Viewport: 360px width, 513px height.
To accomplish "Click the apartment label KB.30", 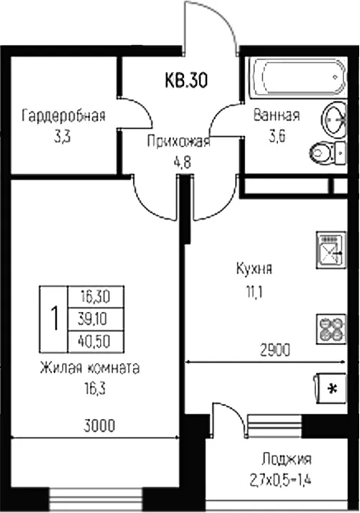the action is [x=186, y=80].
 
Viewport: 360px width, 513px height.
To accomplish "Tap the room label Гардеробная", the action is [x=63, y=116].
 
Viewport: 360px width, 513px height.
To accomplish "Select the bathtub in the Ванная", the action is [x=297, y=78].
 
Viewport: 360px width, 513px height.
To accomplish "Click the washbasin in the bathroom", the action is [x=334, y=119].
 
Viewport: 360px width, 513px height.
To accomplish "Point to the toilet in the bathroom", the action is [x=327, y=153].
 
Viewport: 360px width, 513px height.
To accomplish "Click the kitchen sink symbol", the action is [x=331, y=250].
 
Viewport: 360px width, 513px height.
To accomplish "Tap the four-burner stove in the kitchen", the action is [x=331, y=329].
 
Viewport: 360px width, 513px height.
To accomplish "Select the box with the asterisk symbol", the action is [x=331, y=389].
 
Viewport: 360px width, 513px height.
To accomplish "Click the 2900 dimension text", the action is [x=275, y=351].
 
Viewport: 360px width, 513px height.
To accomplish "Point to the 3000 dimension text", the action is [x=99, y=426].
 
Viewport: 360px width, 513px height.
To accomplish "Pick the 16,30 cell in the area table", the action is [x=96, y=297].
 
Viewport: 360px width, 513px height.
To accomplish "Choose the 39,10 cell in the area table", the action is [x=96, y=319].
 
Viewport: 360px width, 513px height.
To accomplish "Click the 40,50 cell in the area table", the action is [x=96, y=341].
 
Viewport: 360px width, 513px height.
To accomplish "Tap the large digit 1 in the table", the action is [x=55, y=319].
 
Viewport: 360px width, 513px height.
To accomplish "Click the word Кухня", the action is [x=254, y=269].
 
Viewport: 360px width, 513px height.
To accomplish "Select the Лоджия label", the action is [x=287, y=459].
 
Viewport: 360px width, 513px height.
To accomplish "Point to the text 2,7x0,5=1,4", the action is [x=280, y=481].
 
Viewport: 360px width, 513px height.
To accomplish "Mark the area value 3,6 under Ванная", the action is [x=277, y=137].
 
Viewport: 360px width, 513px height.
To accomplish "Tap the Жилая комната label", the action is [x=90, y=368].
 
